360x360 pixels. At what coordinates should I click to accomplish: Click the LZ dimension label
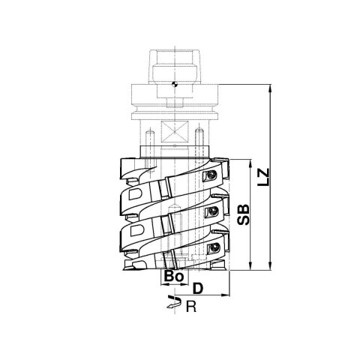[x=264, y=177]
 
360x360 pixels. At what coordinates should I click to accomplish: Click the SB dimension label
[x=243, y=214]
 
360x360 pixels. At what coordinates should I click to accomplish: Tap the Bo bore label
[x=174, y=277]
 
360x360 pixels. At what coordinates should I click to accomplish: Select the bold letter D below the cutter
[x=198, y=289]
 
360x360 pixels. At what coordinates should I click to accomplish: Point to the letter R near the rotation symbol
[x=191, y=307]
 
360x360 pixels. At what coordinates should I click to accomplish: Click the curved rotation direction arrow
[x=174, y=302]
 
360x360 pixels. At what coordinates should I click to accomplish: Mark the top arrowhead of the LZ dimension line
[x=270, y=88]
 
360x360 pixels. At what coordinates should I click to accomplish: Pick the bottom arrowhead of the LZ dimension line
[x=270, y=266]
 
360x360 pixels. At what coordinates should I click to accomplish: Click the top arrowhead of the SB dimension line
[x=250, y=163]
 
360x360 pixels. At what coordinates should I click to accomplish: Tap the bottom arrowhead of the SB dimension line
[x=250, y=266]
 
